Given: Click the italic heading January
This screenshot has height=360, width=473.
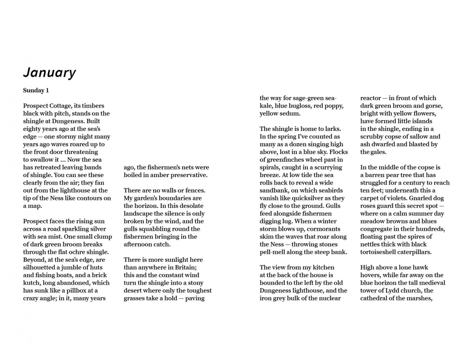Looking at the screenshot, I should [49, 73].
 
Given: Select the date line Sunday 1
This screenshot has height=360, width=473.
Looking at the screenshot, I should [36, 90].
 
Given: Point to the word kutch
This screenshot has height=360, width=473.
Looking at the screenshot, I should [32, 283].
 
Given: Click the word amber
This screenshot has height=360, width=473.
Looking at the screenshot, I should [160, 175].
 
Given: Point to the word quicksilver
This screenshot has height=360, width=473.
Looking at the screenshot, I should [311, 198].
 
